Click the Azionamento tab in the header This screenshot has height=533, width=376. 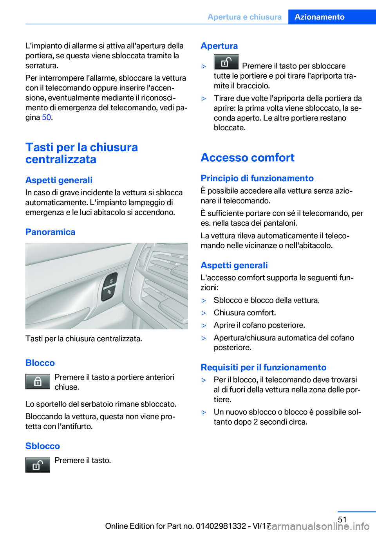click(319, 17)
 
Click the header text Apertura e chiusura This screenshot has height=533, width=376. click(244, 17)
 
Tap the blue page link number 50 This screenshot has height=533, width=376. click(46, 117)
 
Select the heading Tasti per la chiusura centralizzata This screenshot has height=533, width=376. click(81, 153)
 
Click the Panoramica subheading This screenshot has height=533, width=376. click(50, 232)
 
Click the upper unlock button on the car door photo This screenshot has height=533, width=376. click(111, 281)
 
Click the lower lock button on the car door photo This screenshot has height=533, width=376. click(109, 292)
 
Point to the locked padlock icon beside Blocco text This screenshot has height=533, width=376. click(38, 382)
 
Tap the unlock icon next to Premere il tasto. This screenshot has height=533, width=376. click(38, 465)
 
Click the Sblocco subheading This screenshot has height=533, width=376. click(43, 446)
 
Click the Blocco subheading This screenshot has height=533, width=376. click(40, 363)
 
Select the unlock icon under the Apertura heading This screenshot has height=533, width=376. click(226, 62)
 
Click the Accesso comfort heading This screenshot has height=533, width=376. click(248, 157)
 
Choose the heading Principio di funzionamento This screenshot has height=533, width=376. click(257, 178)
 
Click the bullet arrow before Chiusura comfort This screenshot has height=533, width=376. click(204, 313)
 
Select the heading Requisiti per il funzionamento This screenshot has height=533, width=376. click(263, 367)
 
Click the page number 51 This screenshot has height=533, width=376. click(342, 519)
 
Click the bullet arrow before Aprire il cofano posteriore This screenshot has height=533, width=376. click(204, 326)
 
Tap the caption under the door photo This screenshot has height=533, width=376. click(84, 339)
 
